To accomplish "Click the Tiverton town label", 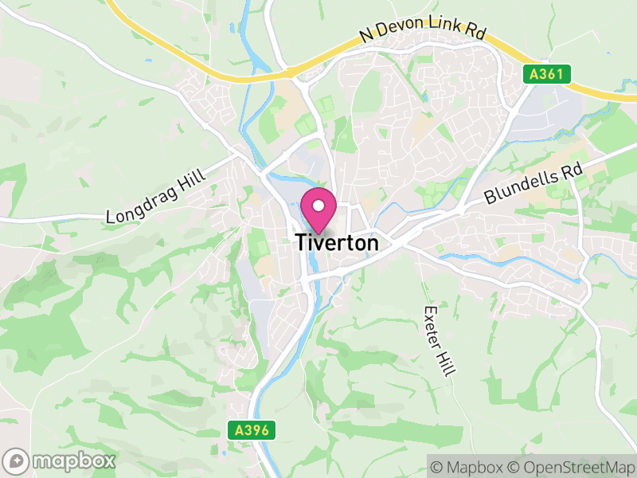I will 337,244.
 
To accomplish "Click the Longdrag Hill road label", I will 155,196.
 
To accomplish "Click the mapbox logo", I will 61,460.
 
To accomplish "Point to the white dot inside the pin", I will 318,206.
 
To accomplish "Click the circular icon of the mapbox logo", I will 17,460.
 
